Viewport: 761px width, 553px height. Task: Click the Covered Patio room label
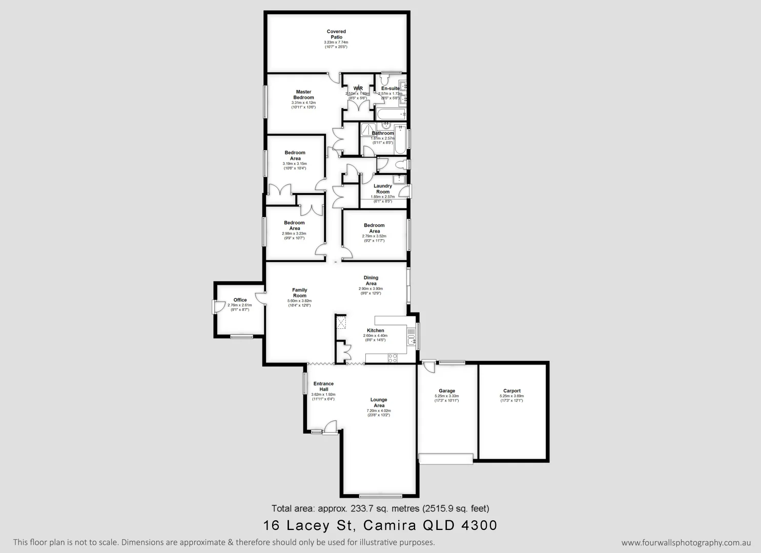click(336, 34)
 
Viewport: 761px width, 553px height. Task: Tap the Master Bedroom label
click(303, 95)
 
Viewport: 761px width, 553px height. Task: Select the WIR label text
click(358, 89)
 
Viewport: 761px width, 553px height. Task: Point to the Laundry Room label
click(383, 189)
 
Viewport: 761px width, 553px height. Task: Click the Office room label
click(240, 300)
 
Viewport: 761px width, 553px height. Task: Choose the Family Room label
click(300, 293)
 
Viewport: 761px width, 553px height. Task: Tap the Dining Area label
click(371, 281)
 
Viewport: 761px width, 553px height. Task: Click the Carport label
click(511, 391)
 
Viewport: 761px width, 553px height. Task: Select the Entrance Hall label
click(323, 386)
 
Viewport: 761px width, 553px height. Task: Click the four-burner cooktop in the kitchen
click(393, 358)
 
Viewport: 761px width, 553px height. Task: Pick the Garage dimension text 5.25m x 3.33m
click(447, 396)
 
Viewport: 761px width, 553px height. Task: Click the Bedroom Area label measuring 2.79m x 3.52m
click(374, 228)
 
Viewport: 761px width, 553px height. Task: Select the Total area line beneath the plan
click(380, 508)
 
